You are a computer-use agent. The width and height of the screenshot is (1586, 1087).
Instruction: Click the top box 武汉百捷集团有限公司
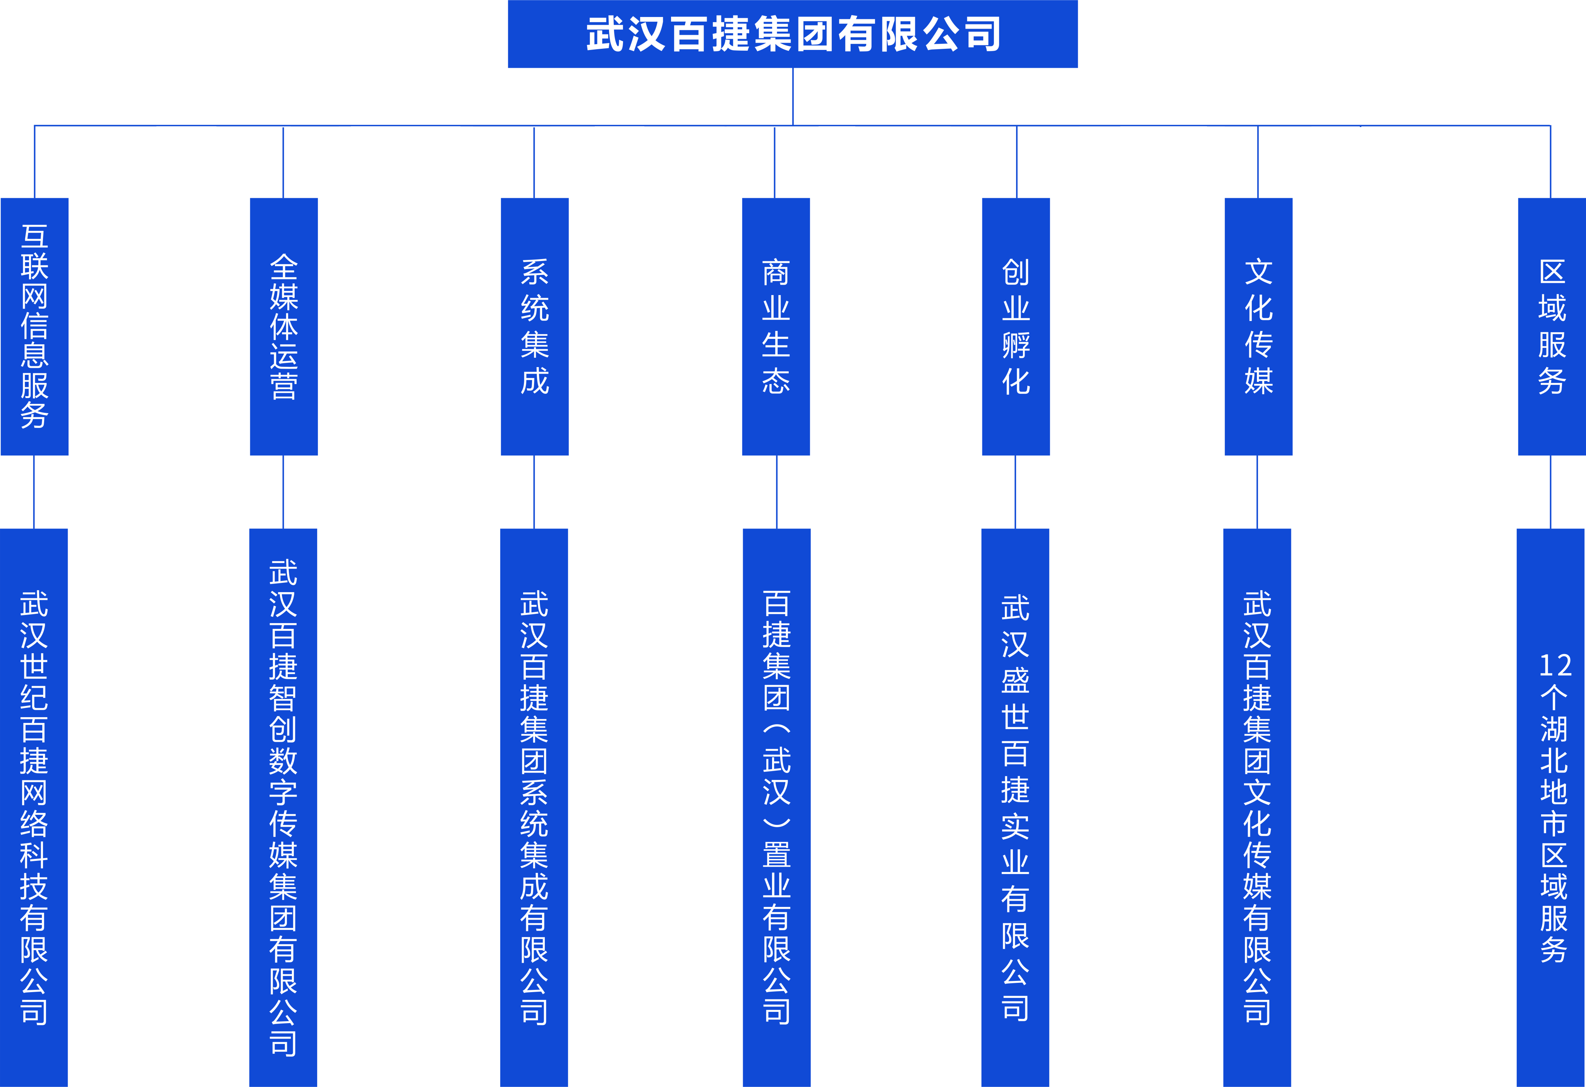tap(792, 34)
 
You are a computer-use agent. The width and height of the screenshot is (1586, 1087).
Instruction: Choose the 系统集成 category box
tap(534, 326)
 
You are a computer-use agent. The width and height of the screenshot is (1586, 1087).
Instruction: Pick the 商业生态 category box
tap(776, 326)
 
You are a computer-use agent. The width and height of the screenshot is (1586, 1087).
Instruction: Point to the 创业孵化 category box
tap(1016, 326)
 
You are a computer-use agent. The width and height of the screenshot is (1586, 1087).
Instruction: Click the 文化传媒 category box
tap(1258, 326)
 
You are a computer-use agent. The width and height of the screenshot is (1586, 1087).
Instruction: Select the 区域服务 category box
tap(1551, 326)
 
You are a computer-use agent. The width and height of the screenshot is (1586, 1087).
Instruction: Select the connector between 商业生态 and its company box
tap(777, 491)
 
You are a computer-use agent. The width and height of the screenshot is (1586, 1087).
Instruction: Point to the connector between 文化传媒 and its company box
tap(1257, 491)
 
